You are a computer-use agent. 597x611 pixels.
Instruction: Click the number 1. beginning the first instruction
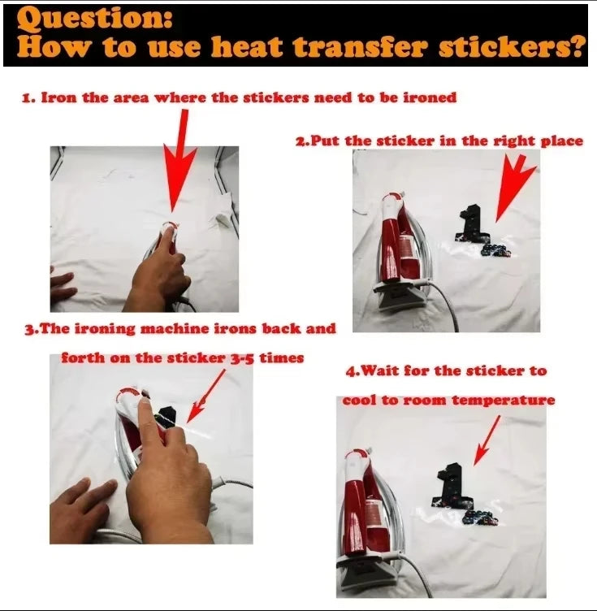point(28,97)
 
